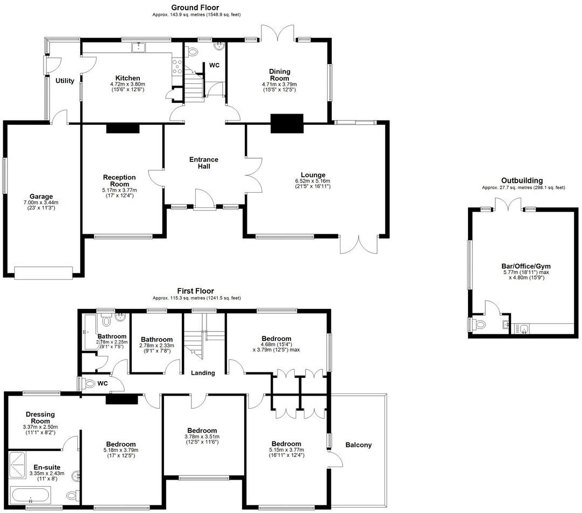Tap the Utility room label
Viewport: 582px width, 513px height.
pyautogui.click(x=65, y=81)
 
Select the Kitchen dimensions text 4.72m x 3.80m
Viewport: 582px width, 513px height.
pyautogui.click(x=127, y=84)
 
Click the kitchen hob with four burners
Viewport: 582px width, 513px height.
pyautogui.click(x=176, y=67)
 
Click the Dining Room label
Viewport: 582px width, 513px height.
pyautogui.click(x=280, y=75)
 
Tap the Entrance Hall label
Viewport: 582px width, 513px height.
pyautogui.click(x=203, y=163)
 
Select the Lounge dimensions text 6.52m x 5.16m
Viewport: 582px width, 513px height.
pyautogui.click(x=313, y=181)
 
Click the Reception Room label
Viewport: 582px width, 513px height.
pyautogui.click(x=119, y=180)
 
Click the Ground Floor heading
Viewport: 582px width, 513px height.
pyautogui.click(x=195, y=8)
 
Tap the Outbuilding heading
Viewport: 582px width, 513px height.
pyautogui.click(x=522, y=180)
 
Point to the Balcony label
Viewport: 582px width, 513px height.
pyautogui.click(x=358, y=445)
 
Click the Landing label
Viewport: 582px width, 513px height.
pyautogui.click(x=203, y=373)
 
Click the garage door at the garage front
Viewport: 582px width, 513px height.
pyautogui.click(x=43, y=273)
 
